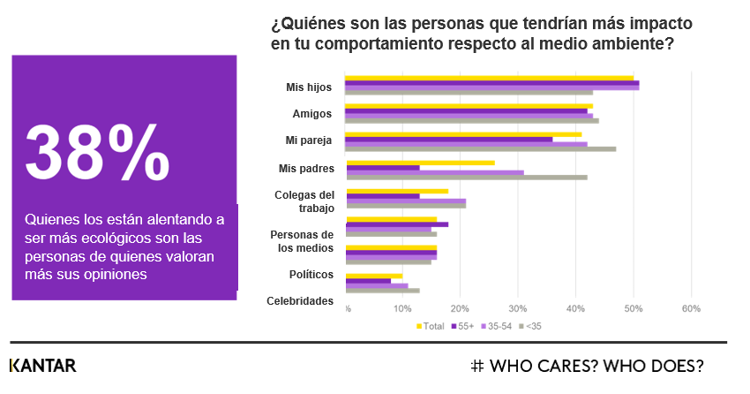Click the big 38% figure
pyautogui.click(x=97, y=151)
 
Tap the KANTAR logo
pyautogui.click(x=42, y=366)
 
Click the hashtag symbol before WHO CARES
pyautogui.click(x=477, y=366)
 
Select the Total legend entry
pyautogui.click(x=430, y=326)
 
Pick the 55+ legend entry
pyautogui.click(x=462, y=326)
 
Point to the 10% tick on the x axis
pyautogui.click(x=402, y=308)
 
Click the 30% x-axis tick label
pyautogui.click(x=518, y=308)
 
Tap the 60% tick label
pyautogui.click(x=691, y=308)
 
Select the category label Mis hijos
pyautogui.click(x=309, y=87)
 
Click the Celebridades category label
pyautogui.click(x=300, y=301)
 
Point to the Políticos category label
pyautogui.click(x=311, y=275)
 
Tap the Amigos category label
pyautogui.click(x=312, y=114)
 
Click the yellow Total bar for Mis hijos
pyautogui.click(x=489, y=78)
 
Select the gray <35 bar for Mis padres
pyautogui.click(x=467, y=178)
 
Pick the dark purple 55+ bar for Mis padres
pyautogui.click(x=383, y=167)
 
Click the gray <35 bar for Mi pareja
pyautogui.click(x=480, y=149)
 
